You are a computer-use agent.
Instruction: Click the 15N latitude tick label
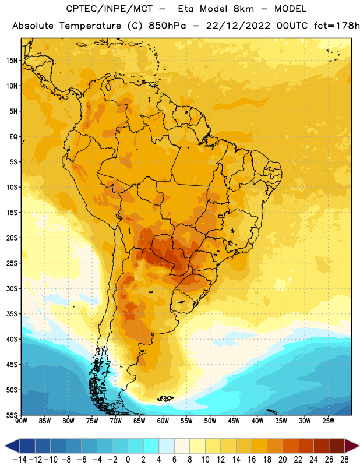[12, 61]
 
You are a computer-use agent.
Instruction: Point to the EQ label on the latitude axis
[13, 137]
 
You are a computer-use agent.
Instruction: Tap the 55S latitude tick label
[12, 415]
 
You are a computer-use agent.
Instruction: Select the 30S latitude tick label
[12, 288]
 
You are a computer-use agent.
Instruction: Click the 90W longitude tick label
[21, 421]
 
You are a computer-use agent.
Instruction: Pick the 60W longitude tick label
[163, 421]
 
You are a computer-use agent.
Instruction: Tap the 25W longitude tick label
[328, 421]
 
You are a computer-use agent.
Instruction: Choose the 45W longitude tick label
[234, 421]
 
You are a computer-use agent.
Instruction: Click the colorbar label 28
[344, 460]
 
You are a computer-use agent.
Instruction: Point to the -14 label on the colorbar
[20, 460]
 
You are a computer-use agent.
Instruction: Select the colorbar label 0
[128, 460]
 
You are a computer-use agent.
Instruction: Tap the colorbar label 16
[252, 460]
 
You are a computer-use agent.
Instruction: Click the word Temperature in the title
[90, 26]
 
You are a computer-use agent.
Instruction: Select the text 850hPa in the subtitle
[167, 26]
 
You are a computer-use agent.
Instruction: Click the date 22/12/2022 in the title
[238, 26]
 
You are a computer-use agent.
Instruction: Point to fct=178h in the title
[337, 26]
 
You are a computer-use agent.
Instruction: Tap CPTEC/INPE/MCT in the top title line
[110, 9]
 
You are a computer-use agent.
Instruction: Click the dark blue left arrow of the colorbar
[12, 446]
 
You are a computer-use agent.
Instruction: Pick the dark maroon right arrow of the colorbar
[352, 446]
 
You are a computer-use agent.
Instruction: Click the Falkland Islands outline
[165, 398]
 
